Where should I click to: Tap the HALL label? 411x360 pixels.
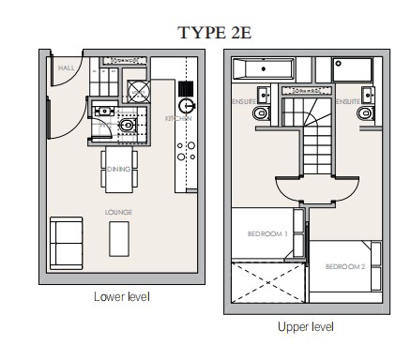[66, 68]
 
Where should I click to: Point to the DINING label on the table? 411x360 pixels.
[118, 169]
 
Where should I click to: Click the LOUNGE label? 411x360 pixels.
[118, 213]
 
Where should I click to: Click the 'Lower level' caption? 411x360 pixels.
[122, 297]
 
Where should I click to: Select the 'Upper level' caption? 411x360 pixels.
[305, 327]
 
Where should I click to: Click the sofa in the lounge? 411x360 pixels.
[65, 241]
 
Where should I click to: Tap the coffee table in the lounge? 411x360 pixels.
[119, 240]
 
